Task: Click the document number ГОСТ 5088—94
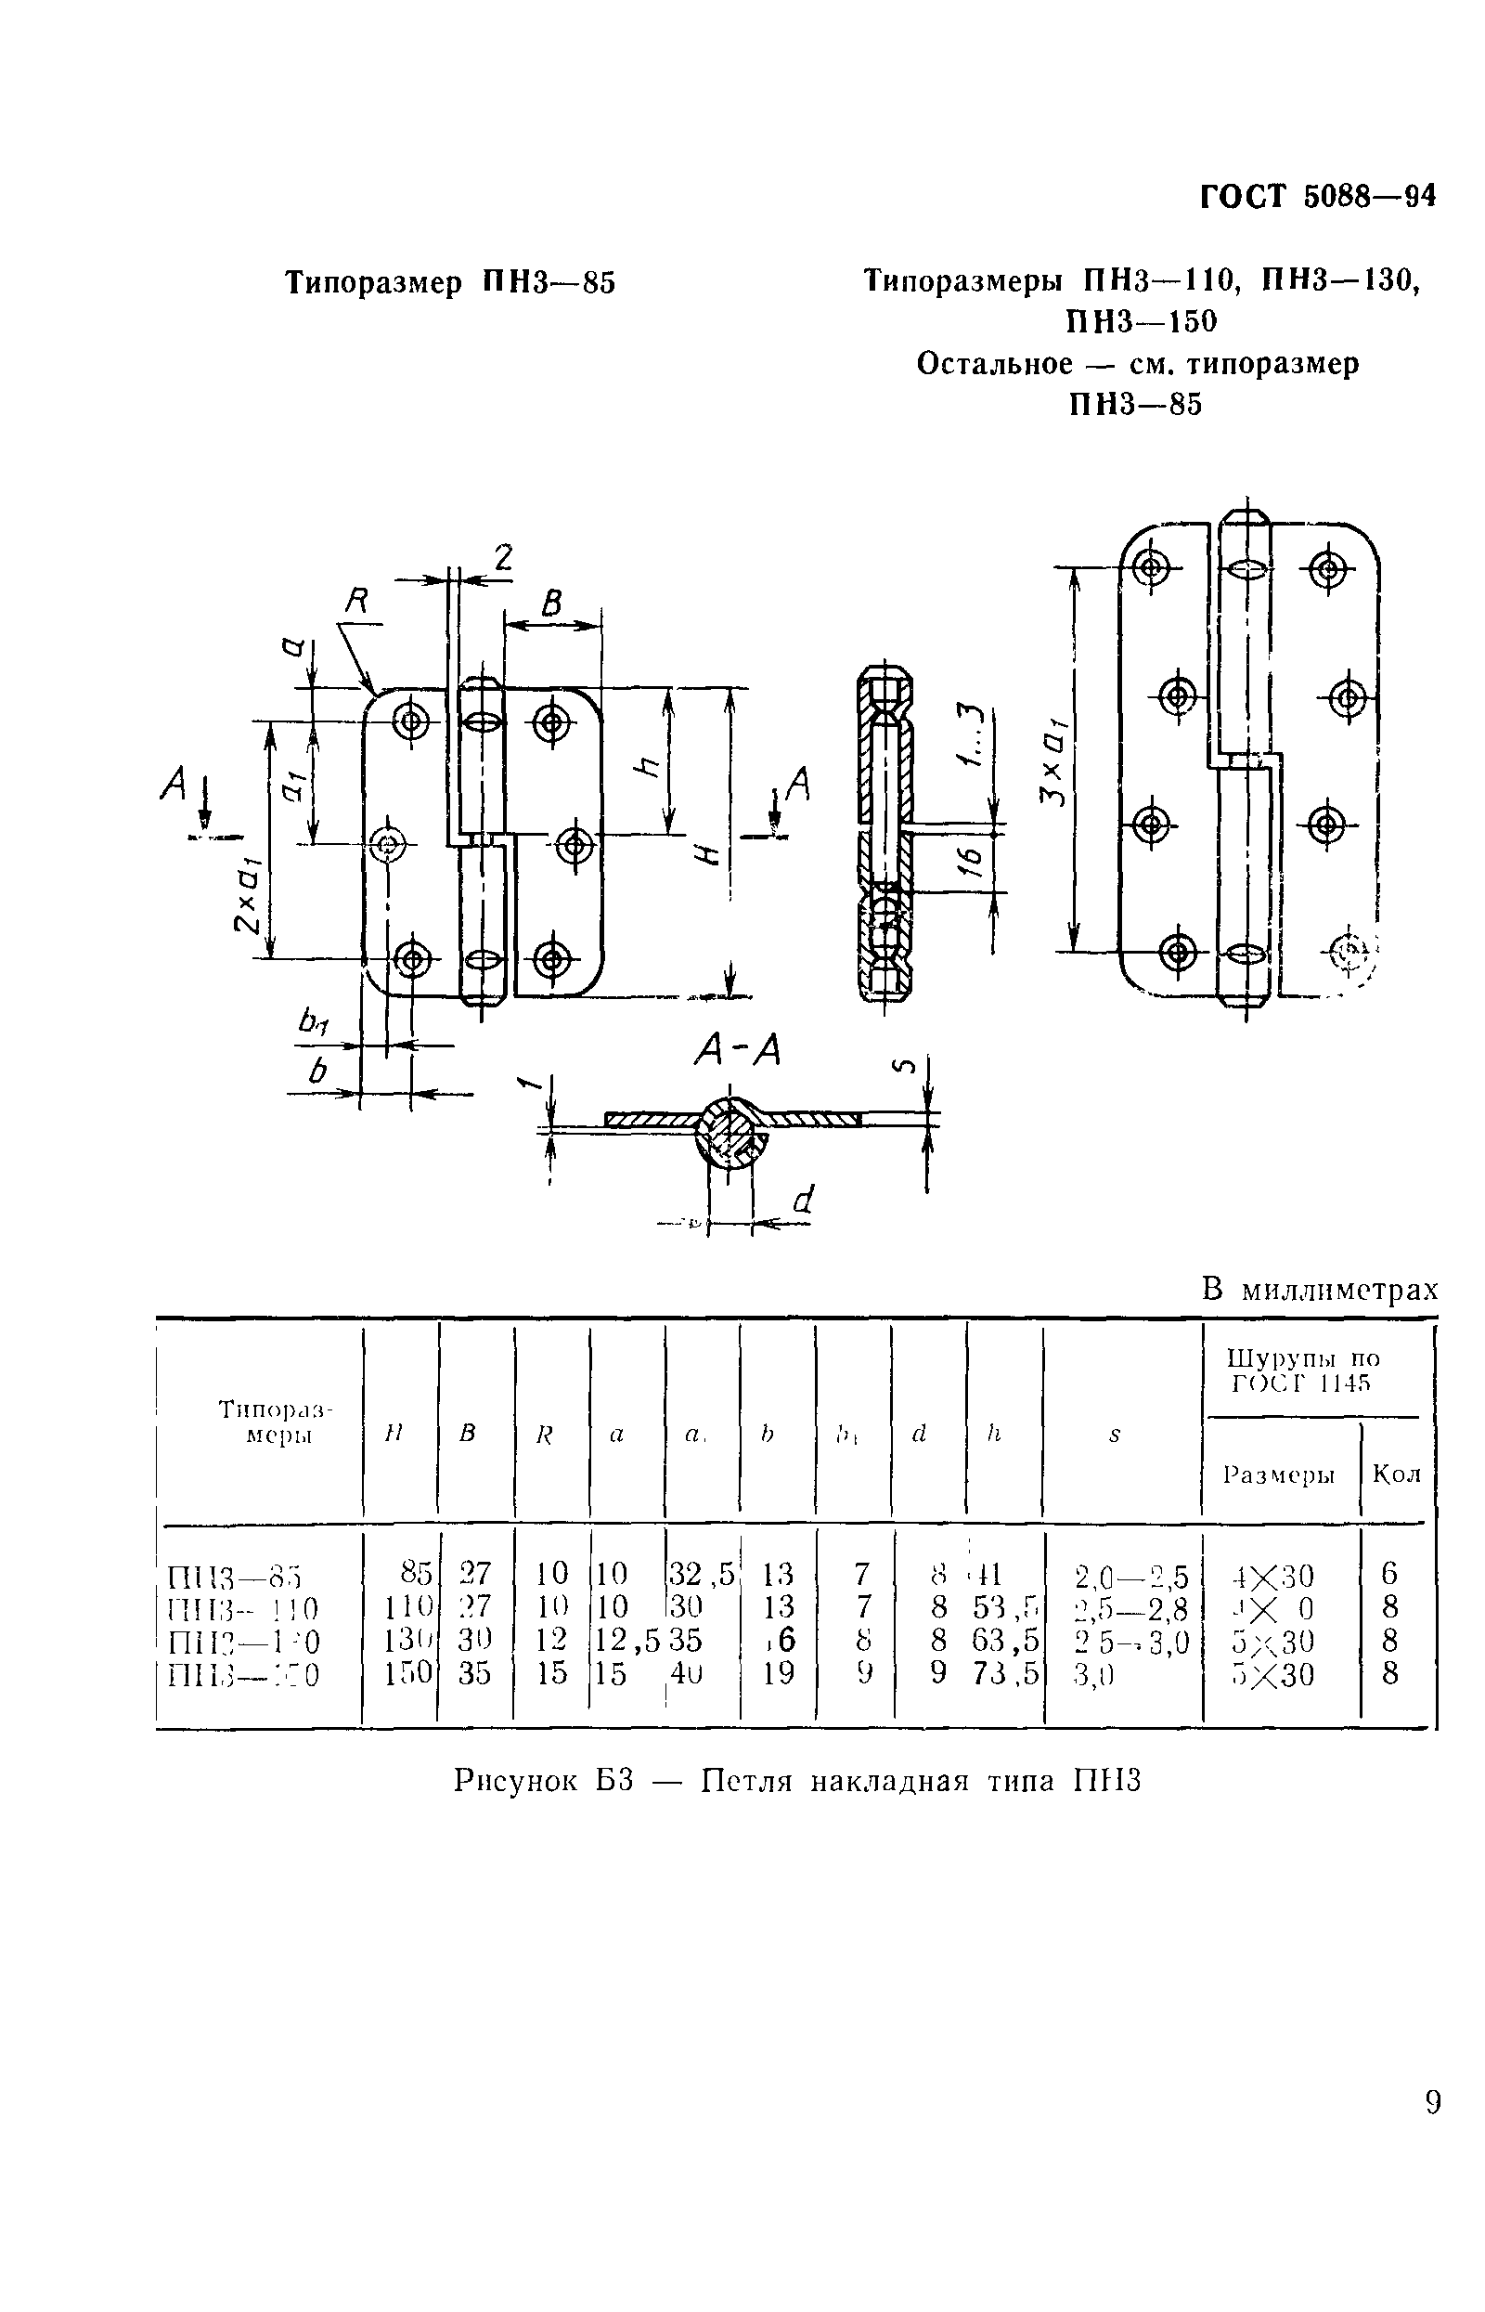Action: [1317, 197]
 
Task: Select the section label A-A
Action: [737, 1052]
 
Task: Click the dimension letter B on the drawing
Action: [551, 604]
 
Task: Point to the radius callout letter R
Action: [356, 603]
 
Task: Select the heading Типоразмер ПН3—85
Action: [450, 283]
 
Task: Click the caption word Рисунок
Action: [517, 1780]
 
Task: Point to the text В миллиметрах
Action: [1319, 1290]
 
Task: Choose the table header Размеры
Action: [1279, 1474]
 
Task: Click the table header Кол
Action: [1395, 1474]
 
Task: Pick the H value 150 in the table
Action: [409, 1673]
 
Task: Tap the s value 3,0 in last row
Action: [1092, 1674]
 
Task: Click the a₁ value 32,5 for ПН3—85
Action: [700, 1574]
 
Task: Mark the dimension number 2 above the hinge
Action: [502, 556]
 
